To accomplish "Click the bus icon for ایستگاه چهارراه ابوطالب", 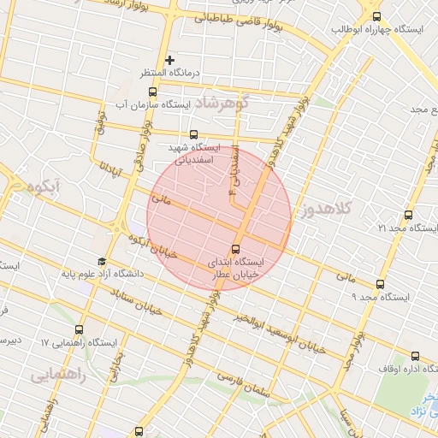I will (x=377, y=16).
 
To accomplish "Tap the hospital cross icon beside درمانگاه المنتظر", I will (x=170, y=60).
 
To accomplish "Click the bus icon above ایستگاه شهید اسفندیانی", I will (x=194, y=134).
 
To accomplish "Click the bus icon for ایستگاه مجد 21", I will (x=408, y=215).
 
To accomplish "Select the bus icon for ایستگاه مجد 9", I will (x=380, y=285).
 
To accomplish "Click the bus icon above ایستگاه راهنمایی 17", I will (x=80, y=328).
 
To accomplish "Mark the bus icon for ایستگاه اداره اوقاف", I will (x=414, y=358).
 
